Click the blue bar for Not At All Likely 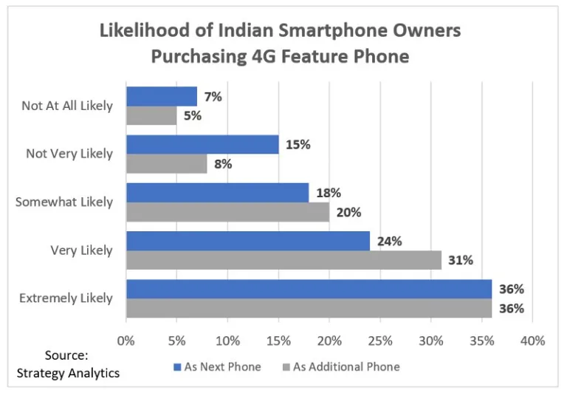click(162, 96)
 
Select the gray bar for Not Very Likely click(166, 163)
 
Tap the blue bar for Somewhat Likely click(217, 193)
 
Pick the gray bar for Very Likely click(283, 260)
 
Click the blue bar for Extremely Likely click(309, 289)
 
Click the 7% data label click(213, 97)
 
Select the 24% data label click(390, 242)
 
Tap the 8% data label click(222, 164)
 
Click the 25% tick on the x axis click(380, 341)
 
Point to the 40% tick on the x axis click(532, 341)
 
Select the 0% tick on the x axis click(126, 341)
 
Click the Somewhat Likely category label click(64, 202)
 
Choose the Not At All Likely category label click(67, 106)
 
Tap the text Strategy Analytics click(67, 372)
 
